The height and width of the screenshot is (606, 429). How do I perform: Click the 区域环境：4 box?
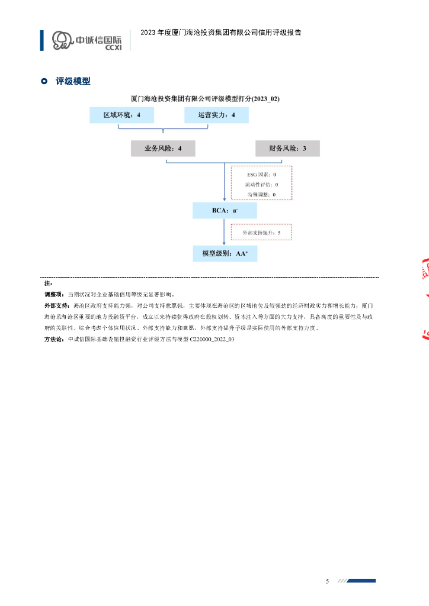(122, 115)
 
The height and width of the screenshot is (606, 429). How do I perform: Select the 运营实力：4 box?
(216, 115)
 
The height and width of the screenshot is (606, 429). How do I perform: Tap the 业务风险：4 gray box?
(163, 149)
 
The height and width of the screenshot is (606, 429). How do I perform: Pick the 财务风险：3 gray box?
(287, 149)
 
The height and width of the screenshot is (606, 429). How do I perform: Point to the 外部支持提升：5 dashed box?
(261, 233)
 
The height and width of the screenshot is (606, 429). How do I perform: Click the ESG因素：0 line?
(261, 175)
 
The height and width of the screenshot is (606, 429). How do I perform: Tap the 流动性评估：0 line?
(261, 185)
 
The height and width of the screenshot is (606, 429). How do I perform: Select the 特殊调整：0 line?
(261, 194)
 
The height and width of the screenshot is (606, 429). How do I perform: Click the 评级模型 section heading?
(73, 81)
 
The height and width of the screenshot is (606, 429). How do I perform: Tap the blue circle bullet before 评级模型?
(44, 81)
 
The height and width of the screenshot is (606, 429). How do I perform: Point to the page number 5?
(327, 581)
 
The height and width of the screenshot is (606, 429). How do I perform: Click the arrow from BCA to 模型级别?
(223, 233)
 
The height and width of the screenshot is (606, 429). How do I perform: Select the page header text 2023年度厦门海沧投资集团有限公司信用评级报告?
(220, 33)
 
